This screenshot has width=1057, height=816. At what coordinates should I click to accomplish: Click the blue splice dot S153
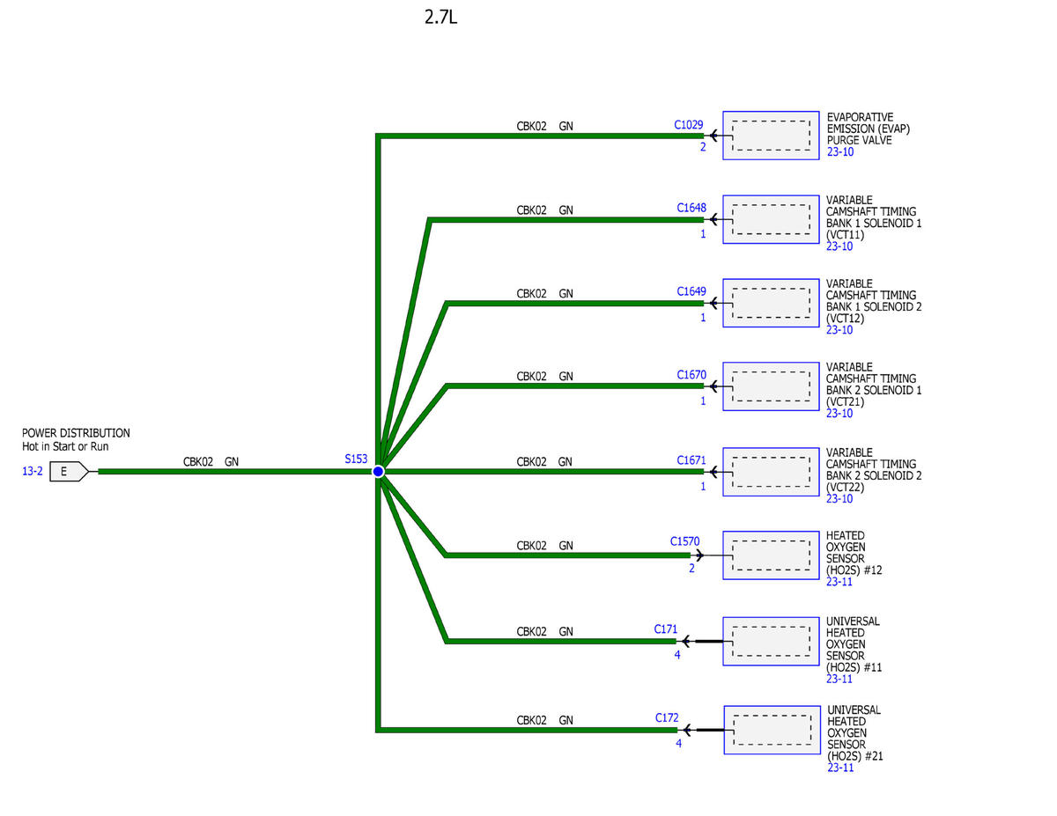point(378,471)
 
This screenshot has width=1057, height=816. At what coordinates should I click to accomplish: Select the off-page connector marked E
point(69,472)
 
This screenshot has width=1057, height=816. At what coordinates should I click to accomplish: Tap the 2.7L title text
point(440,18)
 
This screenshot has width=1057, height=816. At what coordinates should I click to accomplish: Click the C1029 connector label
point(688,125)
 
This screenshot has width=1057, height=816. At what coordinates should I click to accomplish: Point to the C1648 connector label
point(691,208)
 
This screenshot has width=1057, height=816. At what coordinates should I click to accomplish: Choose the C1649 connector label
point(691,291)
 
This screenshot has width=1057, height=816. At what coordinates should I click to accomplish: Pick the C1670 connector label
point(691,375)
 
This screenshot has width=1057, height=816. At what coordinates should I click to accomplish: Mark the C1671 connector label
point(691,460)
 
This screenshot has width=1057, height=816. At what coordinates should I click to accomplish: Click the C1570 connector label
point(684,541)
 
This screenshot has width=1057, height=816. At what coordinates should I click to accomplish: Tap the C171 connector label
point(665,629)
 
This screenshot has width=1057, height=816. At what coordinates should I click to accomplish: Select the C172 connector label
point(667,717)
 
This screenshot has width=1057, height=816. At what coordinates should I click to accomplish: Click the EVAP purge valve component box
point(771,136)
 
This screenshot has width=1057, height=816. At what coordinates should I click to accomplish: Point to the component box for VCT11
point(771,220)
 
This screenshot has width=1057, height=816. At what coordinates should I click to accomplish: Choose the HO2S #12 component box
point(771,555)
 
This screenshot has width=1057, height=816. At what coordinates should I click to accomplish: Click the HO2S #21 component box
point(772,730)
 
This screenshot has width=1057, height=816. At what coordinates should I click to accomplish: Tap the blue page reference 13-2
point(32,471)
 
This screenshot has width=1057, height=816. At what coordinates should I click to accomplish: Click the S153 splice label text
point(356,459)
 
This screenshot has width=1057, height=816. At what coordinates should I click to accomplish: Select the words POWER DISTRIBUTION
point(76,433)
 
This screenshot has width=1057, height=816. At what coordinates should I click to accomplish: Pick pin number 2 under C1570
point(691,568)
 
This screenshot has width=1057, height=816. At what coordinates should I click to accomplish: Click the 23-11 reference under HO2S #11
point(839,679)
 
